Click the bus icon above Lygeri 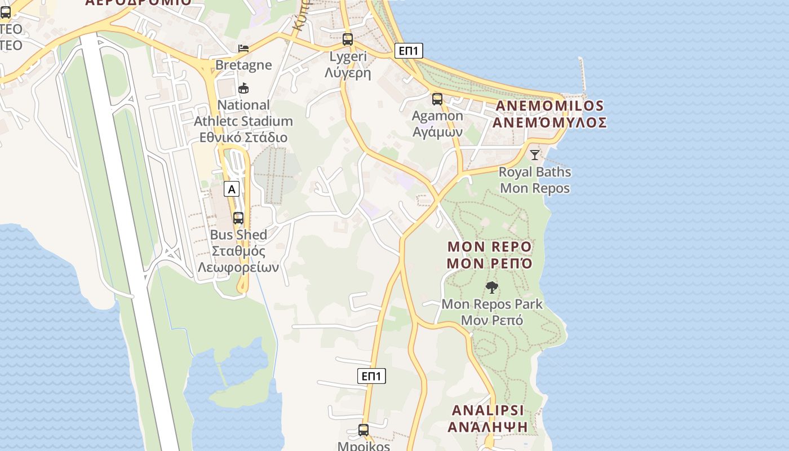tap(348, 39)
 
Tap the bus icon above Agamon tap(437, 99)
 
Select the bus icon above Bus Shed tap(238, 218)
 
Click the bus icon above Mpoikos tap(364, 430)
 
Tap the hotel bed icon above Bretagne tap(243, 48)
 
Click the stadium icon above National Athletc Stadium tap(243, 88)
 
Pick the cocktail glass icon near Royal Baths tap(535, 154)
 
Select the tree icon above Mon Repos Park tap(491, 288)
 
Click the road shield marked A tap(231, 189)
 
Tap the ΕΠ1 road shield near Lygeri tap(408, 51)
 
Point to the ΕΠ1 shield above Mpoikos tap(371, 376)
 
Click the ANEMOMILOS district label tap(550, 106)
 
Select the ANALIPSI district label tap(487, 410)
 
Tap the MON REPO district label tap(489, 247)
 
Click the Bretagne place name tap(243, 65)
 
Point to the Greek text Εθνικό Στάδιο tap(243, 138)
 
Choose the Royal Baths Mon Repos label tap(535, 180)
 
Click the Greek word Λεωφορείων tap(238, 267)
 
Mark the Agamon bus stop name tap(437, 116)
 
